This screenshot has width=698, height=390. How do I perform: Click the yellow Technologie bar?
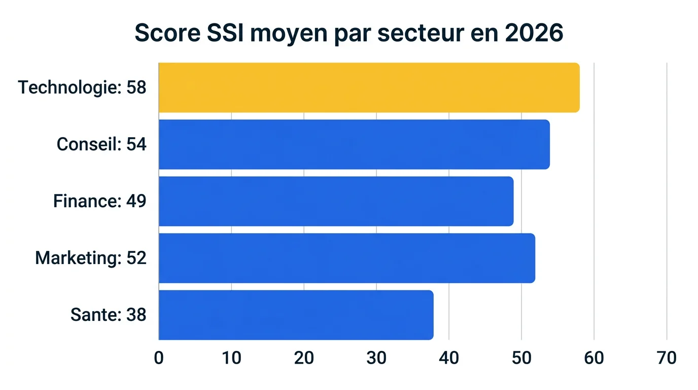click(x=369, y=87)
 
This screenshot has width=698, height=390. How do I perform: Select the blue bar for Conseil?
click(x=354, y=144)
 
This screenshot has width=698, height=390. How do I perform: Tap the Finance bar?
click(x=336, y=201)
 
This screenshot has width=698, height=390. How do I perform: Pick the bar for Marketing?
click(x=346, y=258)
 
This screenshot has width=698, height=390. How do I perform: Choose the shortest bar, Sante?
click(x=296, y=315)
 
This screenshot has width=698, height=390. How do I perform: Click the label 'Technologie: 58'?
click(x=82, y=87)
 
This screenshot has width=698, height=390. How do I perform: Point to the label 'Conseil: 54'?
click(x=101, y=144)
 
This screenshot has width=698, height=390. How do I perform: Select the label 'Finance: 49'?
click(x=100, y=201)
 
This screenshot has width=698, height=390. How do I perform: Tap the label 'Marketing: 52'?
click(x=91, y=258)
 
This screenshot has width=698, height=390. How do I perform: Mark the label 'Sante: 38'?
click(x=109, y=315)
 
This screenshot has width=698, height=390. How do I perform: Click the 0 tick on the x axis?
click(x=159, y=358)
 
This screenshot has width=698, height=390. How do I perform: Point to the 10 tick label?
click(x=231, y=358)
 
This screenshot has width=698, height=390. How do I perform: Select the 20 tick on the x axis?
click(x=304, y=358)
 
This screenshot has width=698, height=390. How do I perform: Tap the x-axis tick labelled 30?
click(x=376, y=358)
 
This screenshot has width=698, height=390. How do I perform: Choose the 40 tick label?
click(x=449, y=358)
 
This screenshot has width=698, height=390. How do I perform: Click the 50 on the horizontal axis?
click(x=521, y=358)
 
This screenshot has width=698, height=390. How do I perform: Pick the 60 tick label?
click(x=594, y=358)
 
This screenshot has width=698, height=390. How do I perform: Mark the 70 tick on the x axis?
click(x=667, y=358)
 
